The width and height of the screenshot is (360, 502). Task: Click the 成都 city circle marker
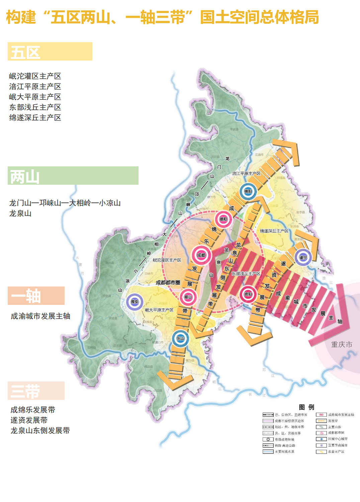pos(201,255)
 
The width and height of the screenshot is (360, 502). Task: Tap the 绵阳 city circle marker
pos(248,191)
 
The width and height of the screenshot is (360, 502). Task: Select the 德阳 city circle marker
pos(223,219)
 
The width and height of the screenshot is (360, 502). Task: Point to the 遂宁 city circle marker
pos(303,257)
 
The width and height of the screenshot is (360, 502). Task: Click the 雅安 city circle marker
pos(134,302)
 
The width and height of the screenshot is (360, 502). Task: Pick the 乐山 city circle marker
pos(180,338)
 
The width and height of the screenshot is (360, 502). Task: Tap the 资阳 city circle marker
pos(248,294)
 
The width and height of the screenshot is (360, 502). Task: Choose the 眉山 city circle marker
pos(188,297)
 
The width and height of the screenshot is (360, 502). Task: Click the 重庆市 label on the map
pos(341,344)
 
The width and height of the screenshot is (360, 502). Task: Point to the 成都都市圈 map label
pos(168,282)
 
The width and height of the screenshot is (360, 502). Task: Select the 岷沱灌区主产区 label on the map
pos(167,260)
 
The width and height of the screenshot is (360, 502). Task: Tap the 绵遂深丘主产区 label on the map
pos(274,231)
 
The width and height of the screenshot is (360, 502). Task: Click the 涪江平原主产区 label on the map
pos(246,173)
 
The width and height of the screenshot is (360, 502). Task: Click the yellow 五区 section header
pos(50,52)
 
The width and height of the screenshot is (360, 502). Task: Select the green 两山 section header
pos(73,176)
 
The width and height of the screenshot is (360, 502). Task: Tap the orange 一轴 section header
pos(36,296)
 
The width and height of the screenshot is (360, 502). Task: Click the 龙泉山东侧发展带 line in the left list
pos(40,431)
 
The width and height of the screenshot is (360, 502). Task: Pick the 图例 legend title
pos(306,407)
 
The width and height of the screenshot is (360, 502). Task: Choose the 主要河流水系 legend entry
pos(284,451)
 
